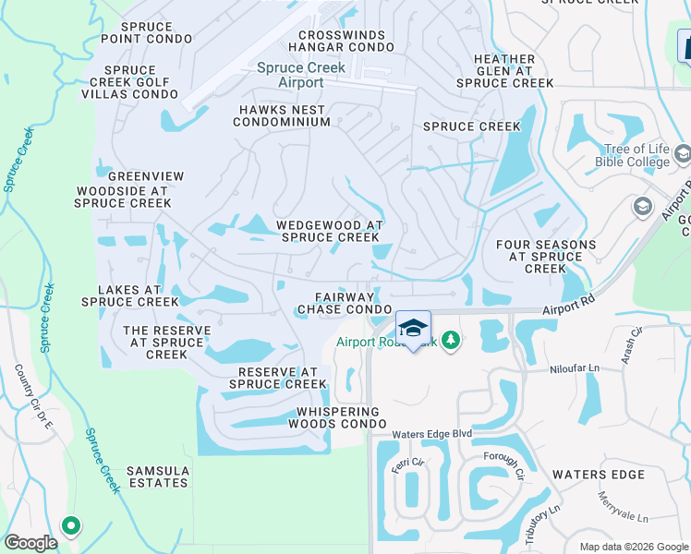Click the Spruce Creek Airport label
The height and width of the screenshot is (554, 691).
pos(301,75)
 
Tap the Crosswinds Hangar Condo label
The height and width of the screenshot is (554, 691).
pos(341,40)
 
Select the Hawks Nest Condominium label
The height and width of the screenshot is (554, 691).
pos(282,115)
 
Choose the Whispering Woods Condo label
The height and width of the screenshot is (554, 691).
pos(337,417)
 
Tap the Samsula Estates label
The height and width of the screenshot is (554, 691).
pos(159,476)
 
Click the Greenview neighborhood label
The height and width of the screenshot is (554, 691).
pos(146,176)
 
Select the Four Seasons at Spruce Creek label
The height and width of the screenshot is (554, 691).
pos(545,257)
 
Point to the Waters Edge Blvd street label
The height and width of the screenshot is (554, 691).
pos(431,434)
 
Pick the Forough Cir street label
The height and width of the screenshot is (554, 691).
pos(503,465)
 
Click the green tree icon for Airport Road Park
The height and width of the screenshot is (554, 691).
pos(450,342)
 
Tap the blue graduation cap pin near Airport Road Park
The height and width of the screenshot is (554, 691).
pos(413,329)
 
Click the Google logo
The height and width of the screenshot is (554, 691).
pos(31,543)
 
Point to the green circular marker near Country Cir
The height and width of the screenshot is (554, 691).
pos(70,526)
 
